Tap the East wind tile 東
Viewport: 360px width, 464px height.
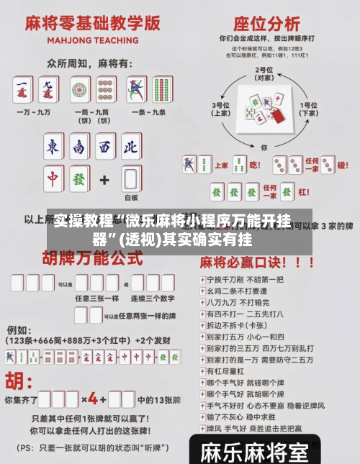pyautogui.click(x=54, y=147)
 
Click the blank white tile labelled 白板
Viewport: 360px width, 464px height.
pyautogui.click(x=130, y=180)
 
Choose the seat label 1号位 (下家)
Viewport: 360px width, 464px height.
pyautogui.click(x=310, y=109)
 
